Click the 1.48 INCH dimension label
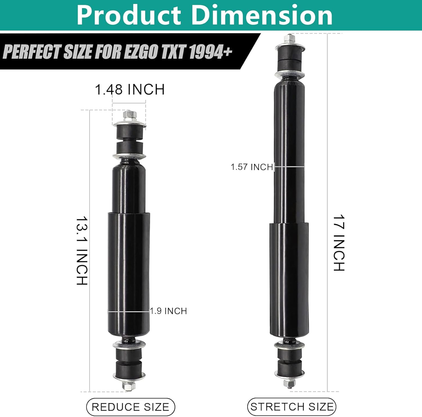coord(130,90)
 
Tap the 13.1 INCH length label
coord(82,251)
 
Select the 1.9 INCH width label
coord(169,311)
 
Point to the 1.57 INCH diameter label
coord(252,167)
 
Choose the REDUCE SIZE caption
coord(131,407)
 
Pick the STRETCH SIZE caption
coord(292,407)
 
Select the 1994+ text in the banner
coord(210,52)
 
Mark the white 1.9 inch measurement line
coord(129,312)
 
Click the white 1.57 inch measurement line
coord(289,167)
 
